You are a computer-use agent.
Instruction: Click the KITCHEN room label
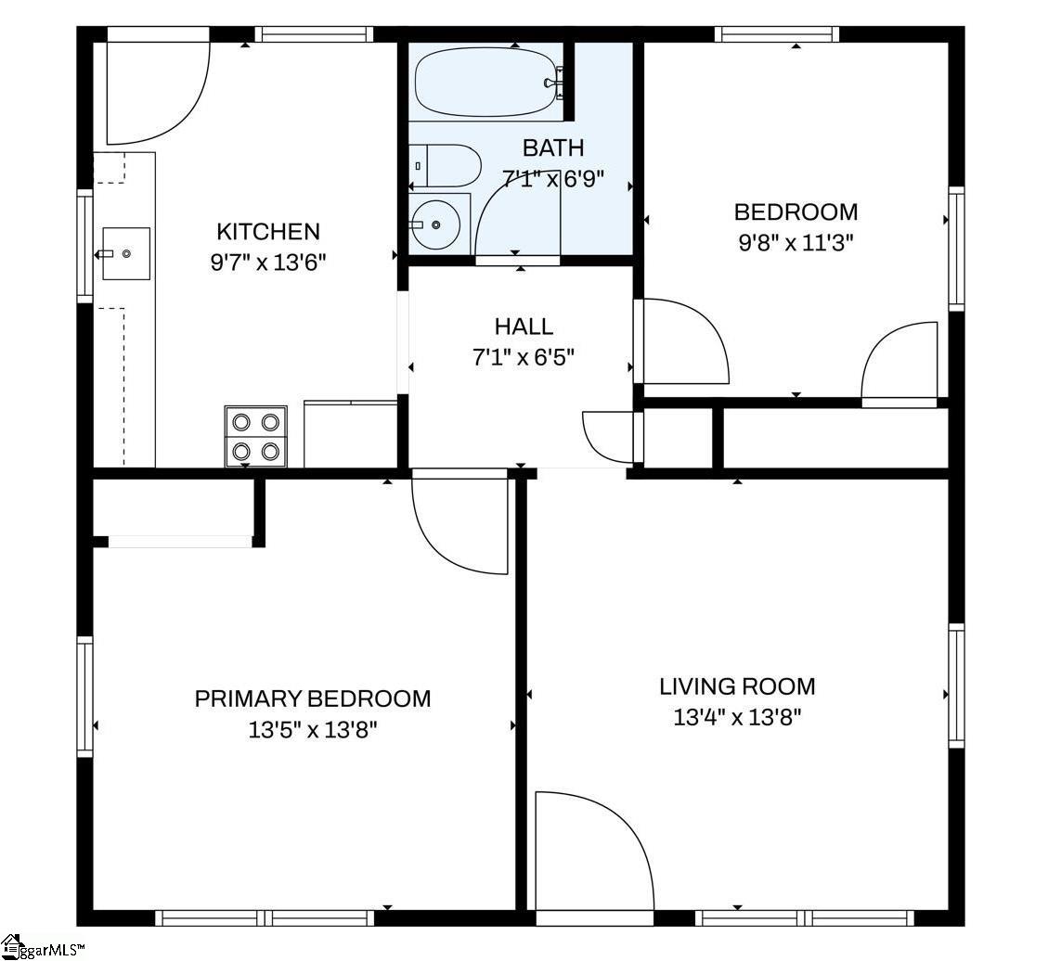pos(267,231)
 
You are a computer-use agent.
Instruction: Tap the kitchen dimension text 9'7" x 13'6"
pos(267,262)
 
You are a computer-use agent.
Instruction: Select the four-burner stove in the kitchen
pos(255,436)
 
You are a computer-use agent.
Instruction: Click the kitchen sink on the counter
pos(125,253)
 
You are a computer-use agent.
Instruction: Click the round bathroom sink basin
pos(435,224)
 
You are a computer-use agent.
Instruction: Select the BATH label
pos(553,147)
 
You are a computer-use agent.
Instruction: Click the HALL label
pos(524,327)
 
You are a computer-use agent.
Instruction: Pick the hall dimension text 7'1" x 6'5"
pos(524,356)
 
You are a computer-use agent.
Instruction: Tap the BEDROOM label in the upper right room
pos(796,211)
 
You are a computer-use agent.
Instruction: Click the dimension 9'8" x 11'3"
pos(796,242)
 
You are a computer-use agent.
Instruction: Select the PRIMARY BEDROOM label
pos(313,698)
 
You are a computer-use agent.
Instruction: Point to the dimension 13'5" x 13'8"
pos(313,729)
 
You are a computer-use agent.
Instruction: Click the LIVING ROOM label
pos(737,686)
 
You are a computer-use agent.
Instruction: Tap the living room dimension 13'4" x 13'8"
pos(737,717)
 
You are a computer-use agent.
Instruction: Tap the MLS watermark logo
pos(42,947)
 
